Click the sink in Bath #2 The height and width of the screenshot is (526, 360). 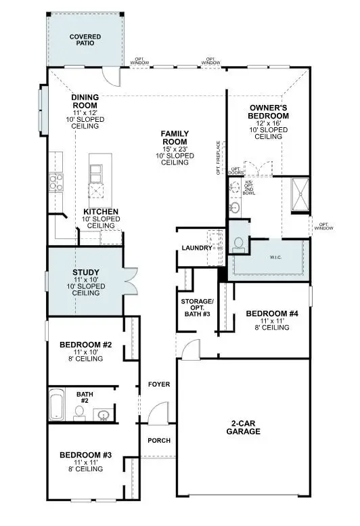coord(104,414)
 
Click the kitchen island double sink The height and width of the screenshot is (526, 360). coord(97,175)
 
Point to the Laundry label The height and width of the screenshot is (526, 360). coord(196,248)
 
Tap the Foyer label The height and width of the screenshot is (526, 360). coord(159,385)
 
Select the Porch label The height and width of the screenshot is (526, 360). coord(159,441)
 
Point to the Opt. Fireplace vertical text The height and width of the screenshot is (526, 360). coord(219,157)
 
